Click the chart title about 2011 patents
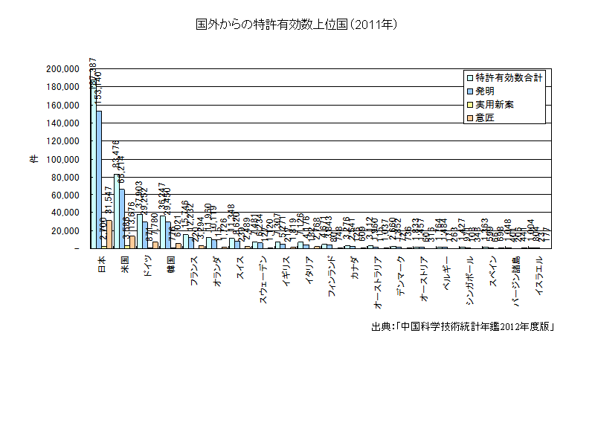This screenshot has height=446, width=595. pos(297,25)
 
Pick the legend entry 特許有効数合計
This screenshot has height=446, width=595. pos(505,77)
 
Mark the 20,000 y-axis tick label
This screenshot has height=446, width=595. pos(67,231)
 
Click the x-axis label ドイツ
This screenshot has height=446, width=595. pos(147,265)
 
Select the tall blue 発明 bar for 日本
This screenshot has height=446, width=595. pos(99,179)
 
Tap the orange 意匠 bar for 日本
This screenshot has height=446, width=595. pos(109,234)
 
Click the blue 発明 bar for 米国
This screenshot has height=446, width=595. pos(122,219)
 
